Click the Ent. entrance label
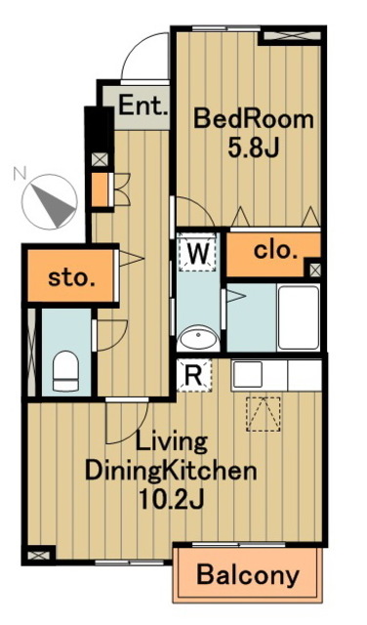(x=143, y=106)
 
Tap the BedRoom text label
(x=254, y=119)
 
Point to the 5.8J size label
(x=253, y=148)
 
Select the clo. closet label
(x=276, y=251)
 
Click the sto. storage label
(x=71, y=277)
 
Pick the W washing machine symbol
(x=198, y=252)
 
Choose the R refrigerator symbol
(x=194, y=375)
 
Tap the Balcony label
(x=248, y=575)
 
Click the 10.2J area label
(x=172, y=499)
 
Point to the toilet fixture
(x=65, y=371)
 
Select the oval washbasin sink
(x=198, y=338)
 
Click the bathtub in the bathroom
(x=299, y=317)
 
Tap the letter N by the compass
(x=20, y=174)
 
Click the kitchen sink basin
(x=248, y=374)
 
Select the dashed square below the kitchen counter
(x=263, y=414)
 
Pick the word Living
(x=172, y=442)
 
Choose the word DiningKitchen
(x=171, y=471)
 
